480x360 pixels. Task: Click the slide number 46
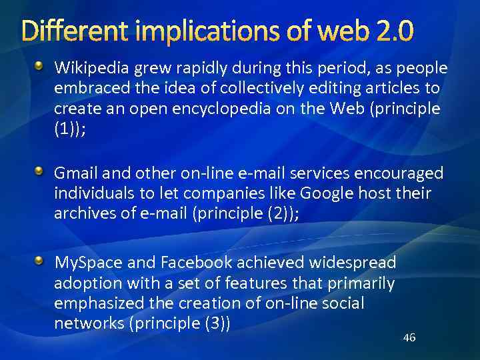tap(409, 337)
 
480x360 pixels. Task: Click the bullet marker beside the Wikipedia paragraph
tap(39, 66)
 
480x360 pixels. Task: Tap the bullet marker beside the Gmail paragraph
tap(39, 172)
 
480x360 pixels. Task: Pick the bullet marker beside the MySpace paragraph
tap(39, 260)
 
